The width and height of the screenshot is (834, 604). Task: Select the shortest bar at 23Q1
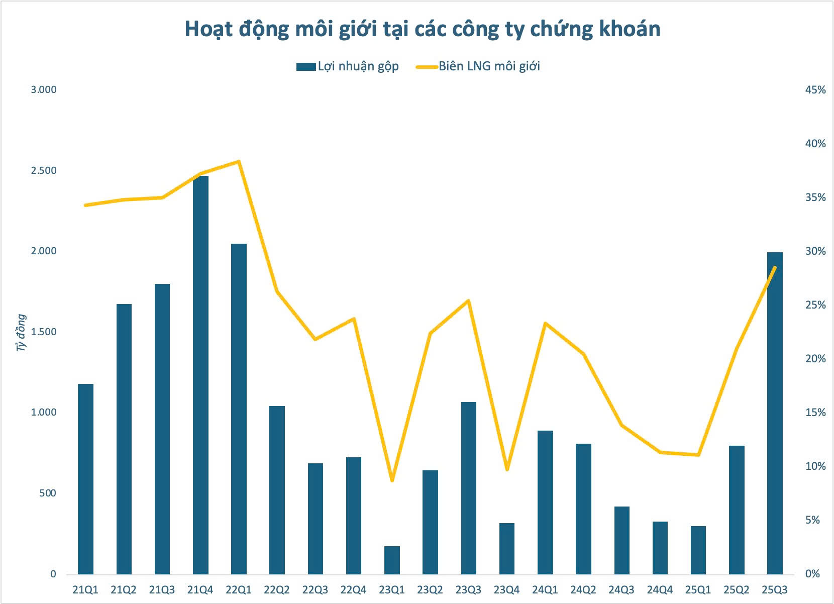tap(392, 560)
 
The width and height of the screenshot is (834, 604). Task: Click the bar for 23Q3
tap(469, 487)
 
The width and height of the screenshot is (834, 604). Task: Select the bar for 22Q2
tap(277, 490)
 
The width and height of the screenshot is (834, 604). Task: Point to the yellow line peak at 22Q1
tap(239, 162)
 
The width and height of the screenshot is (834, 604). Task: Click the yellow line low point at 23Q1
tap(392, 480)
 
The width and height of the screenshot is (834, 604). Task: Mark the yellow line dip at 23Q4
tap(507, 469)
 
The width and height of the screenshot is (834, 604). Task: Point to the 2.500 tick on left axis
tap(44, 171)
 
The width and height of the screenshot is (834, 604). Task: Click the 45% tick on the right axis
tap(815, 90)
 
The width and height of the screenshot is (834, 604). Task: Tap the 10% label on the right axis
tap(815, 466)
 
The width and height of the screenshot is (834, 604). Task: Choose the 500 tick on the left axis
tap(47, 493)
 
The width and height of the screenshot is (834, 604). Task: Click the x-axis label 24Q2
tap(583, 590)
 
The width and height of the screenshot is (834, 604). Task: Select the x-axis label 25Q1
tap(698, 590)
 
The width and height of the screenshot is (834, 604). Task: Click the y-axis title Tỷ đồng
tap(21, 332)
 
